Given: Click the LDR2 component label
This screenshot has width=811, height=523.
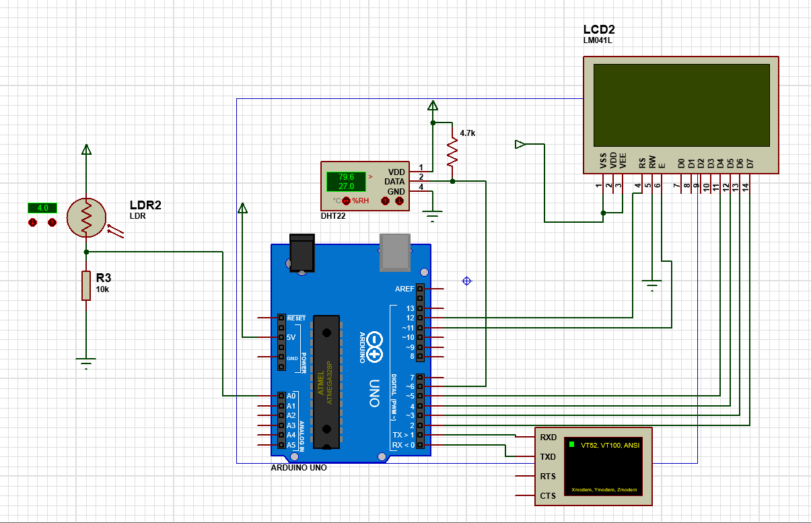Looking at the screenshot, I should click(x=145, y=205).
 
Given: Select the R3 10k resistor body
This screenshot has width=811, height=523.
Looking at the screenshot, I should click(x=86, y=285).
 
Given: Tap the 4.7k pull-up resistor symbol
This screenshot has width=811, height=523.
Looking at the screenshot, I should click(x=452, y=153).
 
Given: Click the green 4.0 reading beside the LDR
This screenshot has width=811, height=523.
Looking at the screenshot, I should click(x=42, y=208).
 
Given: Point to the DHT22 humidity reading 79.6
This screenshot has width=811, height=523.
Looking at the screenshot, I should click(x=346, y=177).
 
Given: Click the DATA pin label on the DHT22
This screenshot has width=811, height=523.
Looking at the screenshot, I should click(x=394, y=181).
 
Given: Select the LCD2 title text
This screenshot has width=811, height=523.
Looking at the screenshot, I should click(x=599, y=30).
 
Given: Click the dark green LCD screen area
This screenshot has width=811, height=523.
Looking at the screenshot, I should click(x=680, y=105).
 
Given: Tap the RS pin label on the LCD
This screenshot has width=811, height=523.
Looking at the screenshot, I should click(x=642, y=162).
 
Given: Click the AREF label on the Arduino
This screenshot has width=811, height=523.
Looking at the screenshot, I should click(x=404, y=289).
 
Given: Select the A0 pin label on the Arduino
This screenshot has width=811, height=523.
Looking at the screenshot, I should click(x=291, y=396).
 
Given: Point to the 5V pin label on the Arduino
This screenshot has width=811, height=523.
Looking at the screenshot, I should click(x=291, y=337).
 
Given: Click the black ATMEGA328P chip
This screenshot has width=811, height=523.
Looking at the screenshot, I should click(x=326, y=380).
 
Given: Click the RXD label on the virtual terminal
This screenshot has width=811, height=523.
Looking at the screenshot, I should click(x=548, y=437).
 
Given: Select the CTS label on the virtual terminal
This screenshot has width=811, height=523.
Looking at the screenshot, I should click(x=548, y=496).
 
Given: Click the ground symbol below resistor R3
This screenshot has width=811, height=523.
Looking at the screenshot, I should click(x=86, y=363).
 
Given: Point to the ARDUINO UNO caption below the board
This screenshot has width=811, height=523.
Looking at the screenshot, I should click(x=298, y=467).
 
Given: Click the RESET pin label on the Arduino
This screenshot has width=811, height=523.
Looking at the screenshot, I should click(x=296, y=318).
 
